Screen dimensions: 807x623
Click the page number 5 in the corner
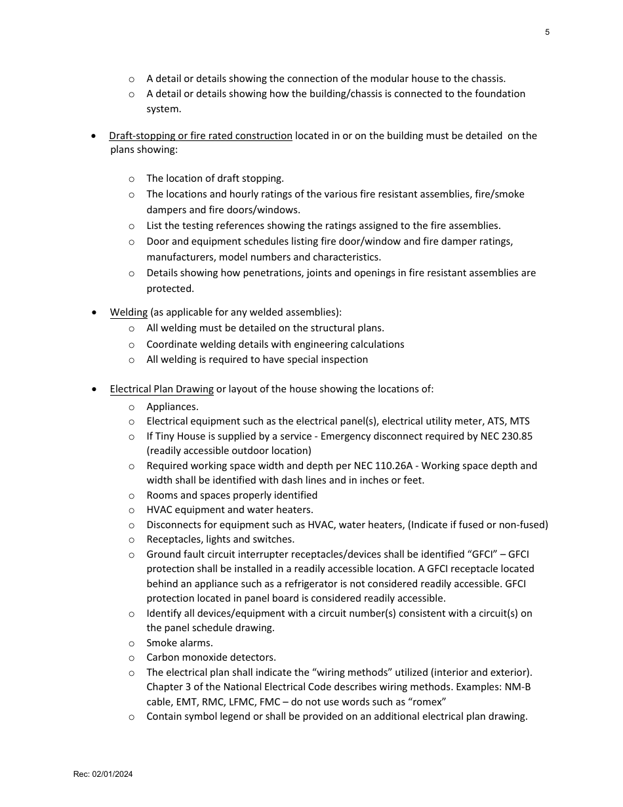point(547,32)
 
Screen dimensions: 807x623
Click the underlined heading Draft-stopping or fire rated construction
point(200,136)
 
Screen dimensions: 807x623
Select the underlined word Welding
point(129,312)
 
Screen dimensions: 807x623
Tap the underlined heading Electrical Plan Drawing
point(161,389)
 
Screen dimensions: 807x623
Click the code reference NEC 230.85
point(505,436)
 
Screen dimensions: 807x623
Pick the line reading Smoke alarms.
point(179,643)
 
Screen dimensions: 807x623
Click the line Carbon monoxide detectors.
point(211,657)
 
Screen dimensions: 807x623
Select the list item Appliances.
point(172,407)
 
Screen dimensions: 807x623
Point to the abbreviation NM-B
point(518,687)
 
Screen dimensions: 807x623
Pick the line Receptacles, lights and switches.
point(220,539)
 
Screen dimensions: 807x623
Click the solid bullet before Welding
point(96,313)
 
